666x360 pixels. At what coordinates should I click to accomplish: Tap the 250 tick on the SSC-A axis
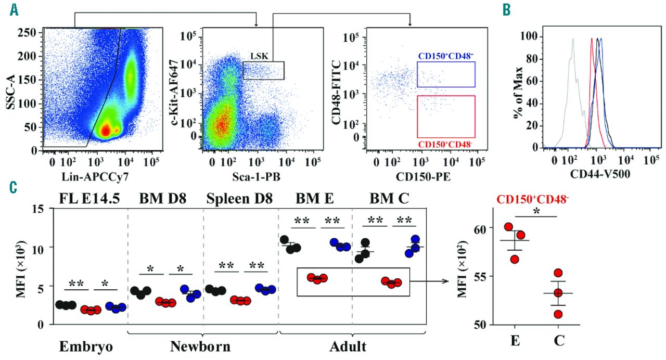[x=31, y=33]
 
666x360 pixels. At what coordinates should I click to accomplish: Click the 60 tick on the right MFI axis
[x=481, y=228]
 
